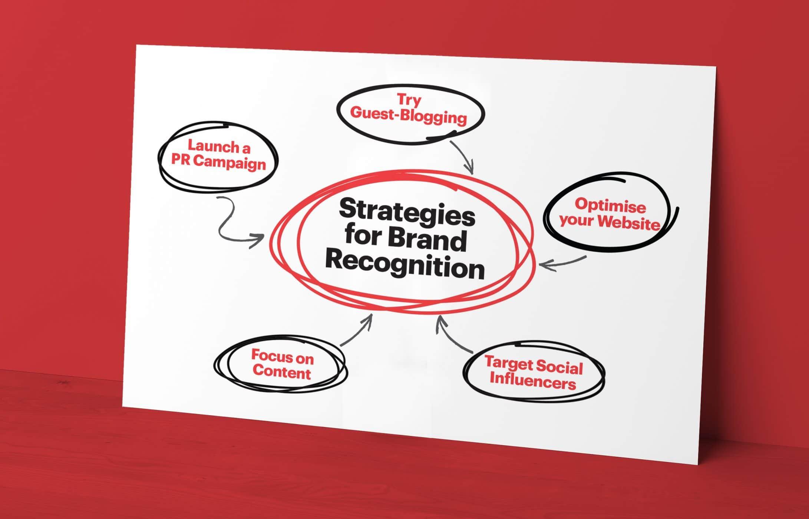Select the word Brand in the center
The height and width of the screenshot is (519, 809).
[427, 239]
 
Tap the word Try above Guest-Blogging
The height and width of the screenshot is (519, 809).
[409, 100]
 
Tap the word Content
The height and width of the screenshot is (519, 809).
[282, 372]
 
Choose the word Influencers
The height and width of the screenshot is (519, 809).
[532, 381]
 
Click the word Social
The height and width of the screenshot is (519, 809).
[559, 367]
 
